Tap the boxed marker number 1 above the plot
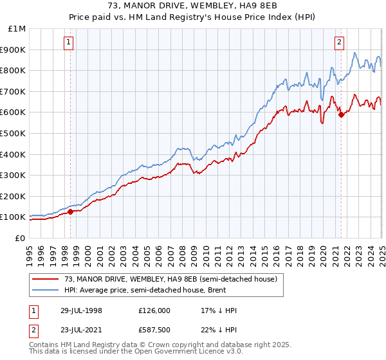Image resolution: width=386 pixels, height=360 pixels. click(x=69, y=43)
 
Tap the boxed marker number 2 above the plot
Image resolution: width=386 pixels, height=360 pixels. click(x=339, y=43)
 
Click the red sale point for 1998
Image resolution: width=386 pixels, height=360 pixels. click(x=71, y=212)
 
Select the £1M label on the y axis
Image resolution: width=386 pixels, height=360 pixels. click(x=17, y=28)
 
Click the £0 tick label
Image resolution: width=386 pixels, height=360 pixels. click(x=19, y=238)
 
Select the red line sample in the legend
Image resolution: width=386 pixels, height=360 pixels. click(x=45, y=278)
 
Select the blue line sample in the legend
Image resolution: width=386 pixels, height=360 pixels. click(x=45, y=290)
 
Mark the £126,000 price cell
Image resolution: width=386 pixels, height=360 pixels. click(x=154, y=310)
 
